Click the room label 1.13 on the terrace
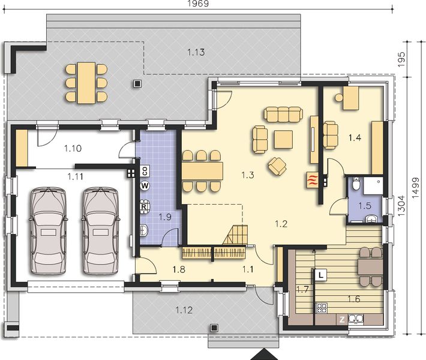click(x=196, y=52)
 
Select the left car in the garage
click(x=47, y=230)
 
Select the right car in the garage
click(x=100, y=230)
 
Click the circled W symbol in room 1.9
click(x=145, y=186)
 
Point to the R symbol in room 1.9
click(x=144, y=207)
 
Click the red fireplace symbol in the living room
click(x=312, y=179)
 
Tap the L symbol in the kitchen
click(x=322, y=275)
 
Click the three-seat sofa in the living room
click(x=284, y=113)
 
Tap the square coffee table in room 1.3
click(x=283, y=139)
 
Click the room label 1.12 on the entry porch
click(x=184, y=310)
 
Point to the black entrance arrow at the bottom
click(x=265, y=354)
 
